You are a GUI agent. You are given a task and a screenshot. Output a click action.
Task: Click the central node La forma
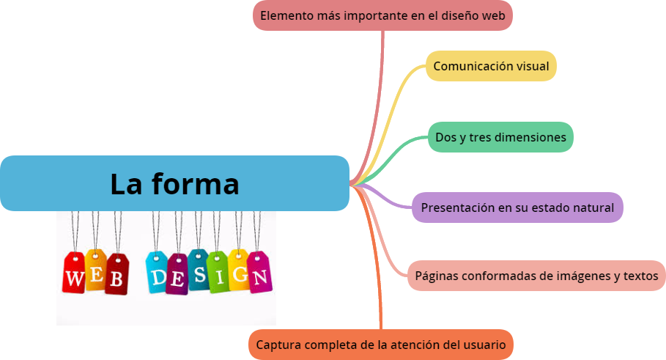(174, 183)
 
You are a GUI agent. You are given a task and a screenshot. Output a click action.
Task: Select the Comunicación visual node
(491, 66)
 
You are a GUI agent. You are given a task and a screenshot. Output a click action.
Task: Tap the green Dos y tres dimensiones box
(500, 137)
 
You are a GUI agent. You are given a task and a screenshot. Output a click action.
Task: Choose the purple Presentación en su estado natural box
(517, 207)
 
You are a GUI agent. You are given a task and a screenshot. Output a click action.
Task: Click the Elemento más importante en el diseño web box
(382, 15)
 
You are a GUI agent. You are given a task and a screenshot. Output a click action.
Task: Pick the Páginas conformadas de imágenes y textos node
(536, 276)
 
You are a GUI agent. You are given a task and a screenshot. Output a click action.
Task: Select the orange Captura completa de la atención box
(381, 345)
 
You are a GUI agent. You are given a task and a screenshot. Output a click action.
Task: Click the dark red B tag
(116, 275)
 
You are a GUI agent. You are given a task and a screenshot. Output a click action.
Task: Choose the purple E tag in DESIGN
(177, 275)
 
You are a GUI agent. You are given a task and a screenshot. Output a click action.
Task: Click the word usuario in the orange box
(485, 345)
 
